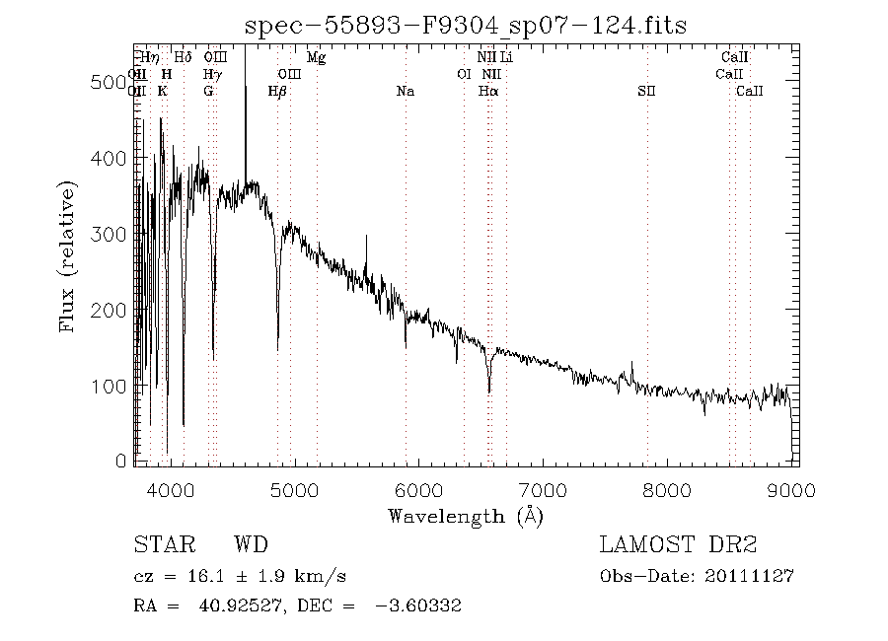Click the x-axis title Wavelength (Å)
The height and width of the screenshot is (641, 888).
click(x=465, y=515)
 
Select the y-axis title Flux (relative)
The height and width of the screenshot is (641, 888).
click(x=68, y=255)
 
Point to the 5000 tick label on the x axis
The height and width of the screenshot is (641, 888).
click(x=294, y=489)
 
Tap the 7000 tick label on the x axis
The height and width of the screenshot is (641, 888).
click(x=543, y=489)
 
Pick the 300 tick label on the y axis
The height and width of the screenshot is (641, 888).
click(x=109, y=235)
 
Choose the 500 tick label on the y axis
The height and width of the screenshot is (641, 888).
click(x=109, y=83)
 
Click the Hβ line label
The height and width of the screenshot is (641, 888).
click(x=277, y=92)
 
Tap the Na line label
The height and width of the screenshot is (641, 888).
click(x=405, y=92)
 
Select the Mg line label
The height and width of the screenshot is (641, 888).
click(x=316, y=58)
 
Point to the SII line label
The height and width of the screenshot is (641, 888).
click(x=646, y=92)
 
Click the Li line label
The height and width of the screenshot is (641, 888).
click(x=506, y=58)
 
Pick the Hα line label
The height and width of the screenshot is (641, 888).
click(x=488, y=92)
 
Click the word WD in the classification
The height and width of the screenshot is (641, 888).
click(x=251, y=545)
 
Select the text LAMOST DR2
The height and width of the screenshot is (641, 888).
click(x=678, y=545)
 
